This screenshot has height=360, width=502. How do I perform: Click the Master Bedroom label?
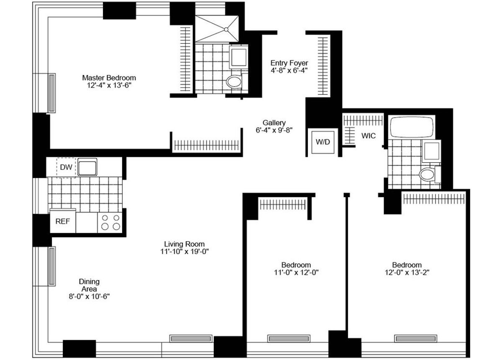click(x=109, y=78)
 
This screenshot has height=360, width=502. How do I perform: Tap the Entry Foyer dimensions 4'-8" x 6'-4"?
click(x=289, y=71)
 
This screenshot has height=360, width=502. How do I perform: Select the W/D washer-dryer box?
click(x=323, y=142)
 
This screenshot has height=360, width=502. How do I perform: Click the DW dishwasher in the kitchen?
click(x=66, y=167)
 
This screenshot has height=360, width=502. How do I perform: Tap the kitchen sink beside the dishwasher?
click(x=87, y=167)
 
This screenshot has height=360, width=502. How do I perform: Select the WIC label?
click(x=369, y=136)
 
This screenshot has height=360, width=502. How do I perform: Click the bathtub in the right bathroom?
click(x=411, y=127)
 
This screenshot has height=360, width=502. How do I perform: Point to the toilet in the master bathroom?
click(x=234, y=82)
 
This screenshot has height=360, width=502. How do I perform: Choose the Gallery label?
click(x=274, y=123)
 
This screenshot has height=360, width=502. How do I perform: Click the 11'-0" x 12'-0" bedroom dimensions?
click(x=296, y=272)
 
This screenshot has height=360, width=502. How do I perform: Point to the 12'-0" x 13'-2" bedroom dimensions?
click(x=407, y=272)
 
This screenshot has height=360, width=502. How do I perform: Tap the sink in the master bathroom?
click(x=238, y=57)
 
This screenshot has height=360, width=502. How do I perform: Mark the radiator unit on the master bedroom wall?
click(x=51, y=93)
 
